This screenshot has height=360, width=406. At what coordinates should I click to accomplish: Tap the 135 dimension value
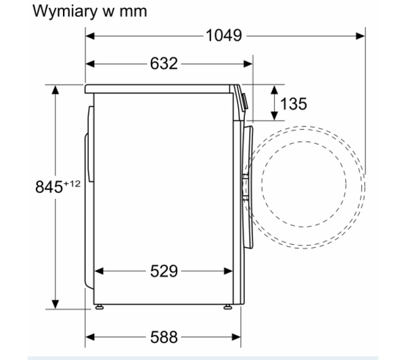click(293, 104)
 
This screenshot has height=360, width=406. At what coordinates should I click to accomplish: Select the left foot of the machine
click(101, 308)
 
